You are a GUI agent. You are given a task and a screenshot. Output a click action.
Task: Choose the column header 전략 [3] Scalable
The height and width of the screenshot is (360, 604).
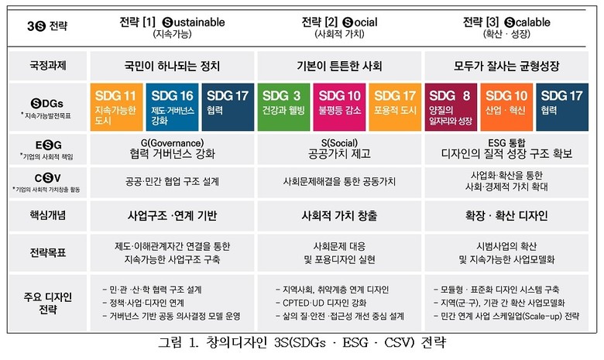[505, 26]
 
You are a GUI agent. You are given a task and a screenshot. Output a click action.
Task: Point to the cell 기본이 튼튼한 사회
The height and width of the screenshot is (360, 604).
[339, 66]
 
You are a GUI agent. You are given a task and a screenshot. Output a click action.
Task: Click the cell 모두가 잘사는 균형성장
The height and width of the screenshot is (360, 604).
[505, 66]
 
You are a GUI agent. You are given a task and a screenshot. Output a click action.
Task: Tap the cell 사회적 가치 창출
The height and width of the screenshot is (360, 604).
[339, 211]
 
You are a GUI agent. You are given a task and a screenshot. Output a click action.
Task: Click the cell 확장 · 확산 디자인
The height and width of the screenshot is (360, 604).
[505, 211]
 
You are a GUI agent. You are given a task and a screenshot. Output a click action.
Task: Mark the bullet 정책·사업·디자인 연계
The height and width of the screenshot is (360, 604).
[152, 303]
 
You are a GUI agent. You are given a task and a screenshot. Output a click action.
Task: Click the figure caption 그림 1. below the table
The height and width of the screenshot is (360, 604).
[301, 342]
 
